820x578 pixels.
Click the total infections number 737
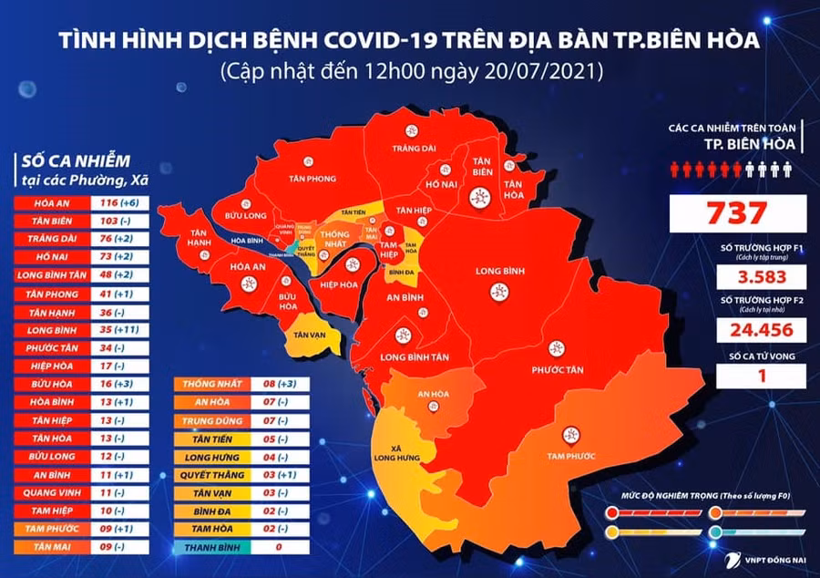(738, 213)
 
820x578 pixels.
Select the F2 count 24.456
(738, 329)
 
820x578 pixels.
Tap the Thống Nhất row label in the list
(210, 384)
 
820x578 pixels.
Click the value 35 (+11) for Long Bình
(118, 329)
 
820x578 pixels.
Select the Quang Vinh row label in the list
(51, 493)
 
